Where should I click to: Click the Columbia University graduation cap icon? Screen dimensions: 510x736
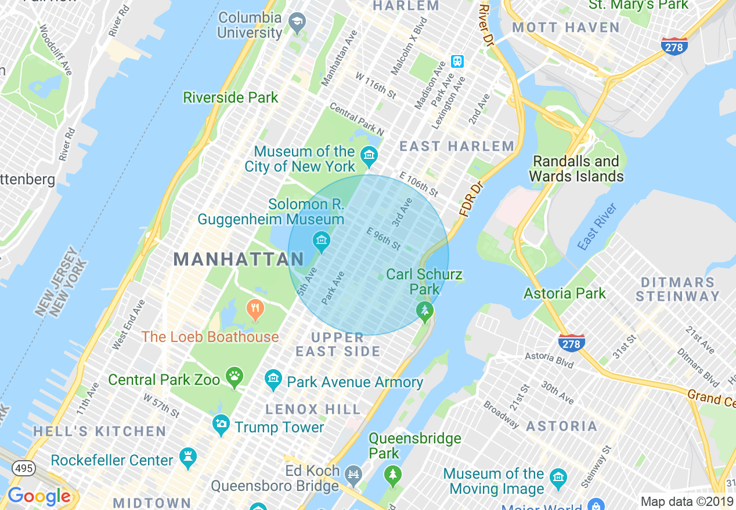(x=298, y=24)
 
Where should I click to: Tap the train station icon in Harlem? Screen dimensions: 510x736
(x=457, y=62)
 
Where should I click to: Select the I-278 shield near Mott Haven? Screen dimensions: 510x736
(x=674, y=46)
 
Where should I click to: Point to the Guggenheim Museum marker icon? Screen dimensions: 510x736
(x=320, y=239)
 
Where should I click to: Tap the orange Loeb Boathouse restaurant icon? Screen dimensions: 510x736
(x=255, y=309)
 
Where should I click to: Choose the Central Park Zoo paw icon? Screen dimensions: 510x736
(x=234, y=377)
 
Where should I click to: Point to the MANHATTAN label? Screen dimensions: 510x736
(x=239, y=259)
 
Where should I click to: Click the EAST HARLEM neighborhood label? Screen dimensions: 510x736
(x=457, y=147)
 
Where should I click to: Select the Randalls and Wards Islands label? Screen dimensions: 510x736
(x=576, y=169)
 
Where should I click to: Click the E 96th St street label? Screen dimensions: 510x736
(x=384, y=239)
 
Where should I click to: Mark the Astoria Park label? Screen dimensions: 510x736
(x=565, y=294)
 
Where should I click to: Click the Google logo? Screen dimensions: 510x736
(x=39, y=497)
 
